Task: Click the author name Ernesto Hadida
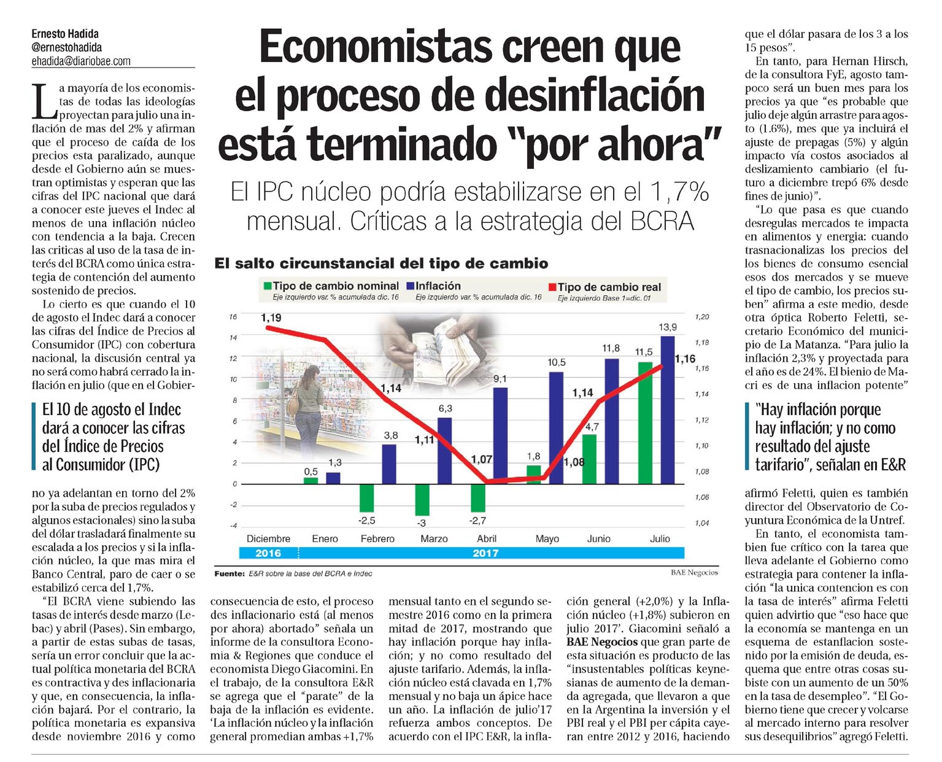65,34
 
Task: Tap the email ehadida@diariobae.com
81,61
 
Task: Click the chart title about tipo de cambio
381,264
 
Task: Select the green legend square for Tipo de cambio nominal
267,286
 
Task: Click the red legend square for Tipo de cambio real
552,287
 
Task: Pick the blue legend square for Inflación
410,286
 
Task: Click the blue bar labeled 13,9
667,410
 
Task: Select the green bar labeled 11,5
645,422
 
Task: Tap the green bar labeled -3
422,500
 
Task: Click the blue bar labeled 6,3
444,451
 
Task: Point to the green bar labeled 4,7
589,459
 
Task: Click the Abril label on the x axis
487,538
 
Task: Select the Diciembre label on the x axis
268,538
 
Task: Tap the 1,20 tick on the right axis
702,317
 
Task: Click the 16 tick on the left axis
233,317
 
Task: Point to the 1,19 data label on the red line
271,317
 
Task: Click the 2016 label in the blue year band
268,553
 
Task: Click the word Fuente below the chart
229,573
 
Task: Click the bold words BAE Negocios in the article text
603,642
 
